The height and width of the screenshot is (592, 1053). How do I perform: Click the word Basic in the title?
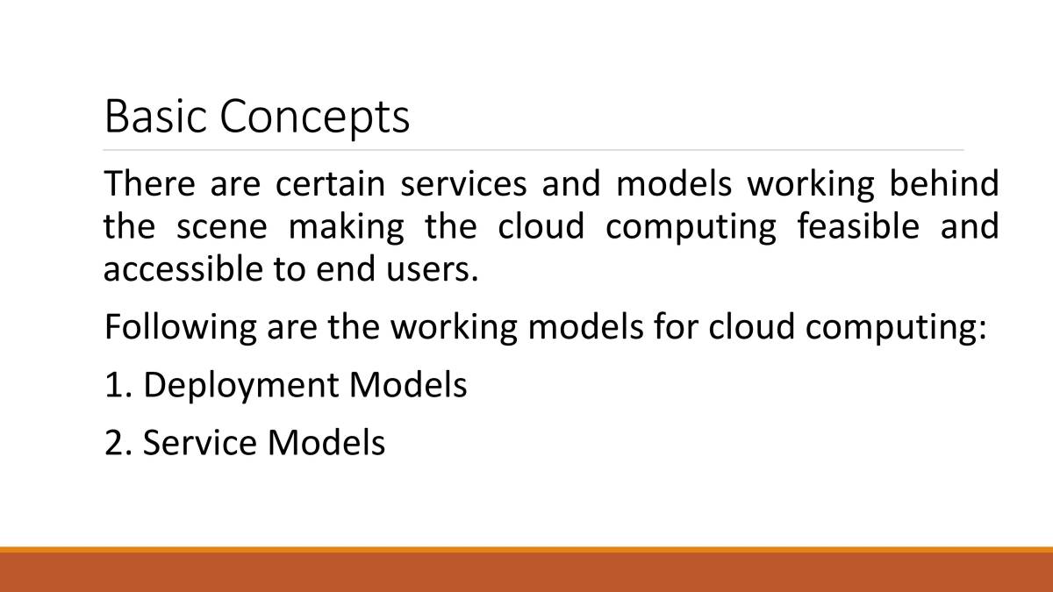(155, 116)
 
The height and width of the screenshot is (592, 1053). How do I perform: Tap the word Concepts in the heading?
(314, 118)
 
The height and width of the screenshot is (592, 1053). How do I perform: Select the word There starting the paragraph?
(149, 183)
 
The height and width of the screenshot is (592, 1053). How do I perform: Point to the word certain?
(330, 183)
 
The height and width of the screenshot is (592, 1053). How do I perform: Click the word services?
(463, 183)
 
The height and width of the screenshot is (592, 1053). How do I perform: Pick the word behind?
(944, 182)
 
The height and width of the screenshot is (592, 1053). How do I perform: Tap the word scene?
(222, 227)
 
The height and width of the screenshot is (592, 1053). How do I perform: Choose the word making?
(346, 227)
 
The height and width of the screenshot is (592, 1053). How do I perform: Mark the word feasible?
(858, 225)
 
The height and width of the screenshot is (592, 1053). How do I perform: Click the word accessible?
(183, 268)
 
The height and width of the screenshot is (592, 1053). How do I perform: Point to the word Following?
(181, 327)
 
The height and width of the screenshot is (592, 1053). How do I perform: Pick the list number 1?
(118, 385)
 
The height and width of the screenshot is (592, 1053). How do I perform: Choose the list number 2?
(118, 443)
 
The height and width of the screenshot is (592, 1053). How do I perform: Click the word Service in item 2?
(200, 443)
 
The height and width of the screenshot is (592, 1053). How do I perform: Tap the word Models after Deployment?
(407, 384)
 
